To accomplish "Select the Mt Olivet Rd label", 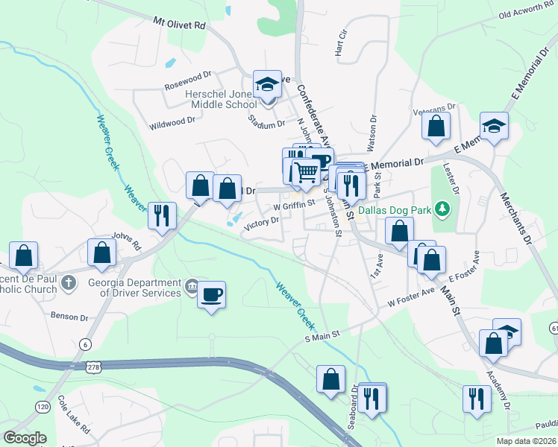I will point(179,25).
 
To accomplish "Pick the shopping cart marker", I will point(306,172).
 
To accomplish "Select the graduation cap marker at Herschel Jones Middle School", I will point(266,85).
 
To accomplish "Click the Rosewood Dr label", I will point(187,78).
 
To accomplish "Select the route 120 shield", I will point(43,407).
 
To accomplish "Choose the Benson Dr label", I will point(69,317).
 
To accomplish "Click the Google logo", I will point(25,438).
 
